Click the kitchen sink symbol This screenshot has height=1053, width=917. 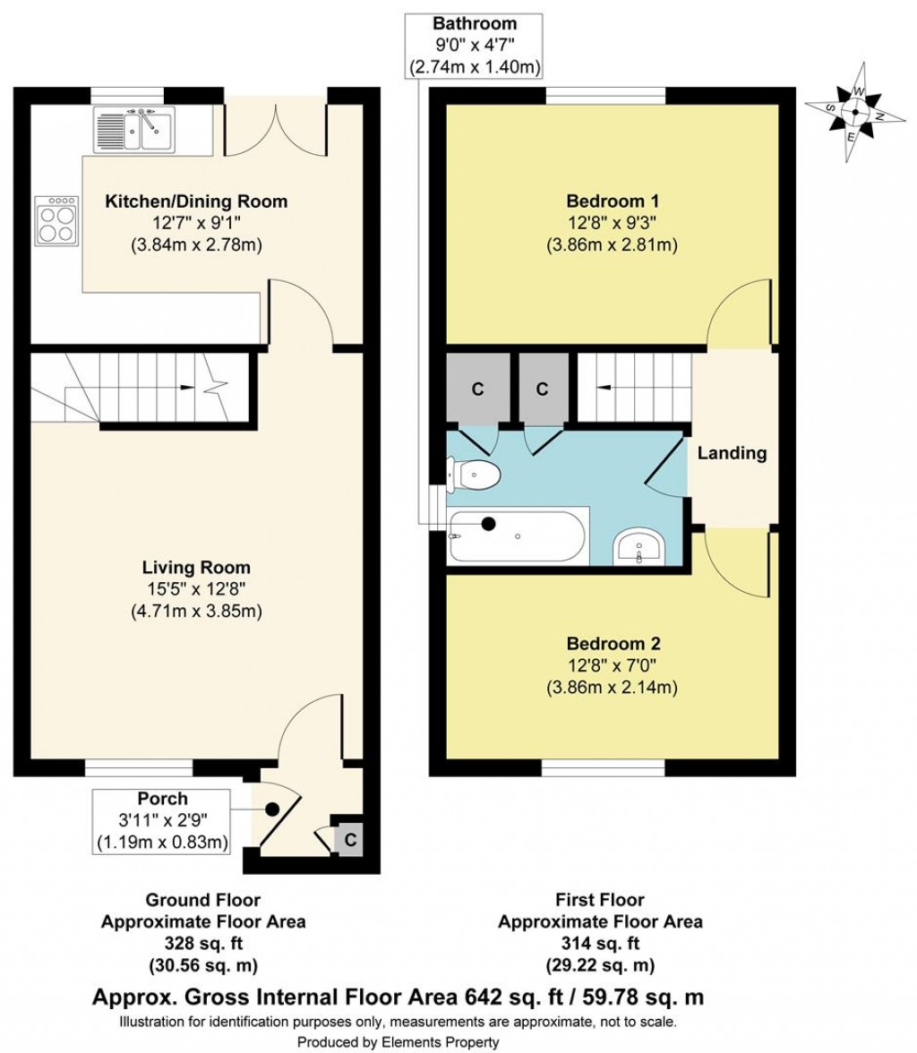click(137, 128)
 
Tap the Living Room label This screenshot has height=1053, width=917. click(196, 568)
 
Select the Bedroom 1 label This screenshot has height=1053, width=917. click(613, 200)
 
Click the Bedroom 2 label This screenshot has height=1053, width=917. click(613, 644)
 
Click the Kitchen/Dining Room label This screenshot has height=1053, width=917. click(197, 201)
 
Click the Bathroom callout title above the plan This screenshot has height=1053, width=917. click(474, 23)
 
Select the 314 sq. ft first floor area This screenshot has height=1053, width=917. click(599, 943)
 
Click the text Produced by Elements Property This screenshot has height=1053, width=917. click(398, 1042)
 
